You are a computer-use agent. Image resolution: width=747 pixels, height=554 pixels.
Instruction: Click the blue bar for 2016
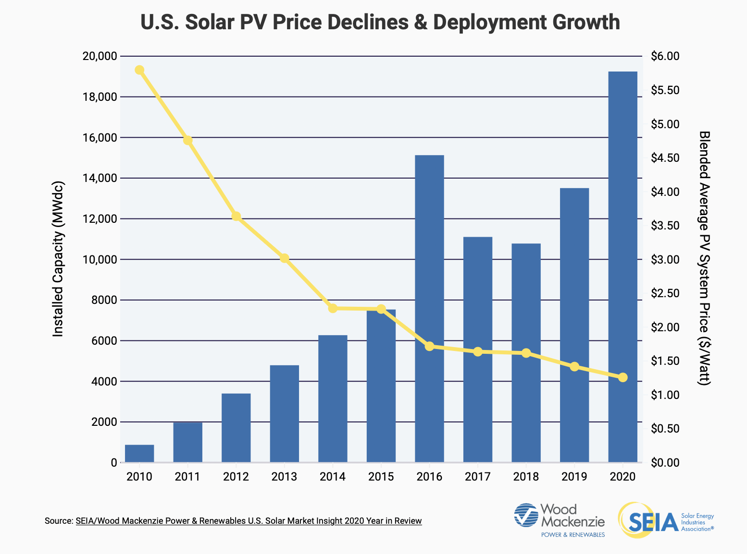click(x=429, y=307)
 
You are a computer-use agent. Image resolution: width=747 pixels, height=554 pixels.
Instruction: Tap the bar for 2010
click(x=139, y=453)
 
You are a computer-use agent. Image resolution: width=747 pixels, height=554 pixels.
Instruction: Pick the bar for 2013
click(x=284, y=413)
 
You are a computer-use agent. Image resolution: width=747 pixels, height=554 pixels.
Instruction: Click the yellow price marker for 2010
click(x=139, y=70)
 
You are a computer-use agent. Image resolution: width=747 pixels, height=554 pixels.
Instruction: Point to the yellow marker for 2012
click(x=236, y=217)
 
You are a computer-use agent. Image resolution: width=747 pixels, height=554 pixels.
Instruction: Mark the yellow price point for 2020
click(x=622, y=377)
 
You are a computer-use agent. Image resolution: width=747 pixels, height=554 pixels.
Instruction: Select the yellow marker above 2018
click(x=526, y=353)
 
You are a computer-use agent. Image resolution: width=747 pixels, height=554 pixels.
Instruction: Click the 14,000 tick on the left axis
click(x=100, y=178)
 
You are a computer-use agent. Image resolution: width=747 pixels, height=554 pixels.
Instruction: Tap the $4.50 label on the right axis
click(x=665, y=158)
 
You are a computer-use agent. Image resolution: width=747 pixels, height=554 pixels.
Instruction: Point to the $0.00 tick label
click(x=665, y=463)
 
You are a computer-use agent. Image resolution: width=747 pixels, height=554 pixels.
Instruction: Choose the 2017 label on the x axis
click(x=477, y=477)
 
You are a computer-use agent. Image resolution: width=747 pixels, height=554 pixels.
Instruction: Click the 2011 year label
click(x=187, y=477)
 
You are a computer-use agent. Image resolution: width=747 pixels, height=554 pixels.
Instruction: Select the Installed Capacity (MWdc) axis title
click(x=58, y=259)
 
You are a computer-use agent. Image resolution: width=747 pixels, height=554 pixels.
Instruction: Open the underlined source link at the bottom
click(x=249, y=521)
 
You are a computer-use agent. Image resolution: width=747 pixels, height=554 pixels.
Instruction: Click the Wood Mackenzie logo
click(x=559, y=520)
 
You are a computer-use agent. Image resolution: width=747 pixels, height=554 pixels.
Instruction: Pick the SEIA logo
click(x=666, y=520)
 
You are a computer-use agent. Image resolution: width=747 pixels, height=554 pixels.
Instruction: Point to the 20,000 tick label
click(x=100, y=56)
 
